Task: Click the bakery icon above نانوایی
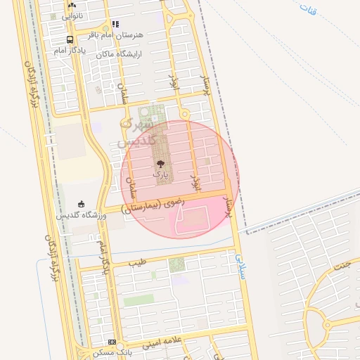[x=72, y=5]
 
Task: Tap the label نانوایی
[x=72, y=15]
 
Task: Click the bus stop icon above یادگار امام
[x=70, y=40]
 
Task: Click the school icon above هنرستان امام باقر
[x=116, y=24]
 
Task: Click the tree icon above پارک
[x=161, y=163]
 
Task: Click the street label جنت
[x=342, y=266]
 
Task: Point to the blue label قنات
[x=308, y=10]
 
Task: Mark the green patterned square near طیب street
[x=176, y=265]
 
